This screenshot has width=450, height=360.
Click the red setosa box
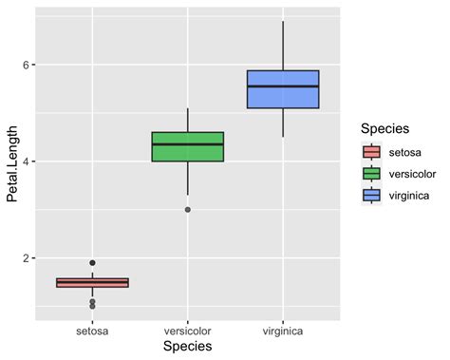click(92, 282)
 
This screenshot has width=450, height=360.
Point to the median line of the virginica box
click(282, 86)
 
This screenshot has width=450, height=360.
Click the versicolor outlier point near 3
click(187, 209)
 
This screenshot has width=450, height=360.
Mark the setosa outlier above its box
click(92, 262)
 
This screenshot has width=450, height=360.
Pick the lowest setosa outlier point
click(92, 306)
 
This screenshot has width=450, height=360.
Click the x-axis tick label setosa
click(92, 332)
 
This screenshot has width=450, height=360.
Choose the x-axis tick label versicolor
click(187, 332)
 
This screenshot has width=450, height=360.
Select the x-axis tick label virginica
click(282, 332)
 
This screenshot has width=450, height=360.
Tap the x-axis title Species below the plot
click(187, 348)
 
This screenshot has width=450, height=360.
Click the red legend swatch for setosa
click(371, 151)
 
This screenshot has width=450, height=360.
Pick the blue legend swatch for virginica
click(371, 195)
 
